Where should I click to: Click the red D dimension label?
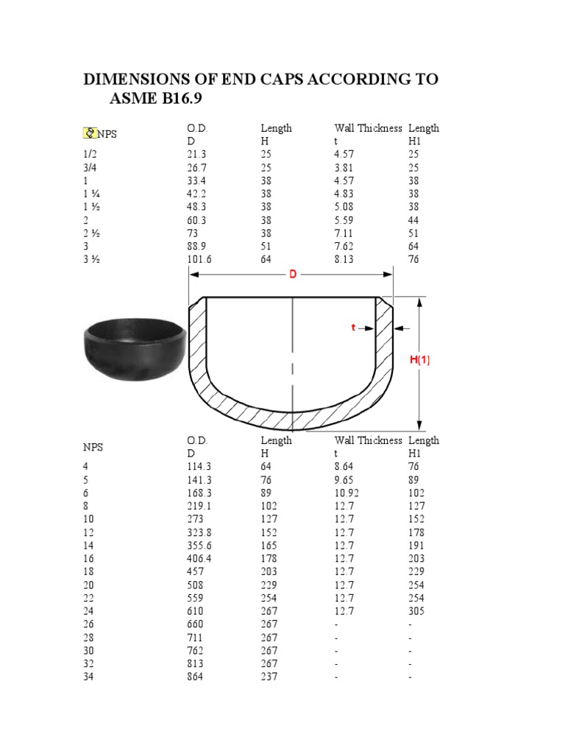pyautogui.click(x=292, y=275)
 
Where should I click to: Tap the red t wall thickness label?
pyautogui.click(x=353, y=328)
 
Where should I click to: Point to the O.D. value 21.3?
pyautogui.click(x=196, y=155)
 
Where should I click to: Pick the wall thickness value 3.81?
pyautogui.click(x=345, y=168)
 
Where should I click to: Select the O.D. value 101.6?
pyautogui.click(x=199, y=259)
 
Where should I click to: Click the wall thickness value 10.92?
pyautogui.click(x=347, y=493)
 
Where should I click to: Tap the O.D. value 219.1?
pyautogui.click(x=199, y=506)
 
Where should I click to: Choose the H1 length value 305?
pyautogui.click(x=416, y=611)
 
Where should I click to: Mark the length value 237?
pyautogui.click(x=269, y=677)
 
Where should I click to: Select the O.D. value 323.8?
pyautogui.click(x=199, y=532)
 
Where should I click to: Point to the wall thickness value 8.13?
pyautogui.click(x=345, y=259)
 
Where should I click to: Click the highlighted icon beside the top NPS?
pyautogui.click(x=89, y=133)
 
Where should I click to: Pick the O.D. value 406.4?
pyautogui.click(x=199, y=558)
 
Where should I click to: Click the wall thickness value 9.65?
pyautogui.click(x=345, y=479)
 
